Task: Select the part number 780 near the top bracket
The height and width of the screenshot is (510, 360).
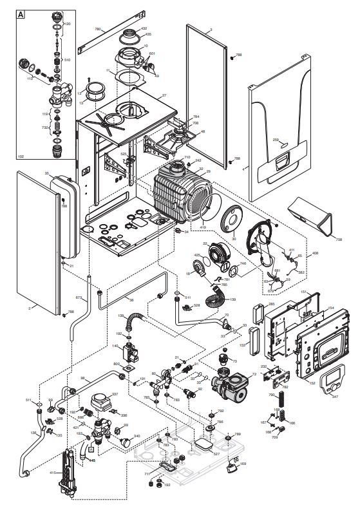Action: (x=98, y=30)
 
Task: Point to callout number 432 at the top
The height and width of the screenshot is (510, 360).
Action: (x=144, y=29)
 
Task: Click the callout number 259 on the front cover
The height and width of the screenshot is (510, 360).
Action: (x=276, y=139)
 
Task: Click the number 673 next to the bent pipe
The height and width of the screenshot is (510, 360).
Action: (x=79, y=298)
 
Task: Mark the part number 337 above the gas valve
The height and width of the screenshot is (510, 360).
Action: (x=115, y=394)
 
